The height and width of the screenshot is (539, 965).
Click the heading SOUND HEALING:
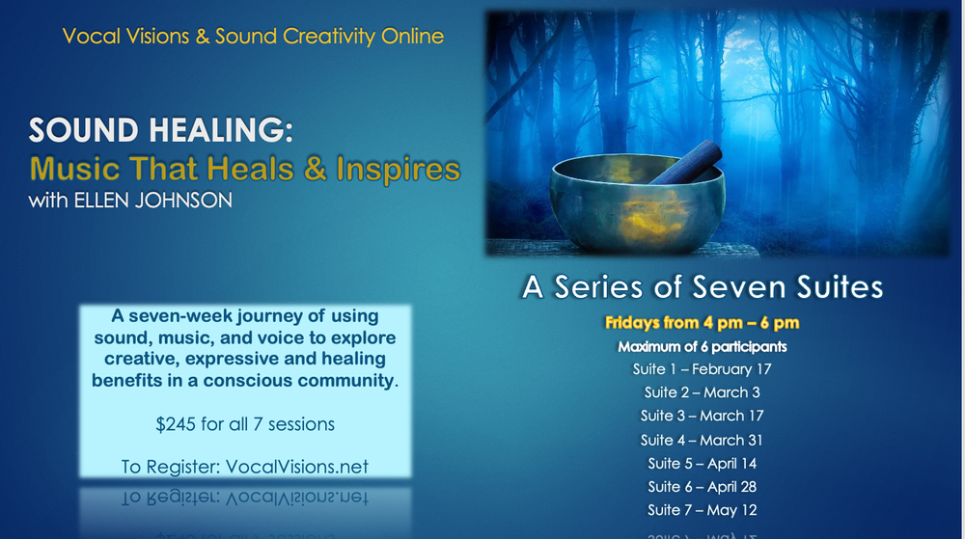160,130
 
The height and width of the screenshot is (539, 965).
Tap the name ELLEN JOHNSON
153,201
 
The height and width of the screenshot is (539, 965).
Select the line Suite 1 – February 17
702,369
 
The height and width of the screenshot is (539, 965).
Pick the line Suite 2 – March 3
702,392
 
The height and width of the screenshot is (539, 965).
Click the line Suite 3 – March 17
702,417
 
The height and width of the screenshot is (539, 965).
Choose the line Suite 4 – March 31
702,440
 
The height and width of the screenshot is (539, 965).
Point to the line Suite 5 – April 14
702,464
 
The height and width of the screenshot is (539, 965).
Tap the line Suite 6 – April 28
702,487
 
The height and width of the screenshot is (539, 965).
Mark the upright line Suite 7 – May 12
702,510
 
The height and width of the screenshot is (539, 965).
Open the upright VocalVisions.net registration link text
296,467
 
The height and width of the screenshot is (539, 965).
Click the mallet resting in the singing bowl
685,162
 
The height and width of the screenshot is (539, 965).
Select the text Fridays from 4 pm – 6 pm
702,323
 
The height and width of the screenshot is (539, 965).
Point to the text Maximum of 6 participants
702,346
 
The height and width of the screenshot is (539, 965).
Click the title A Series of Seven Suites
703,287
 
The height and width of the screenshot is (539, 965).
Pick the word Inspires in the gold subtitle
398,170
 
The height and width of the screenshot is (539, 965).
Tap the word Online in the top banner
412,37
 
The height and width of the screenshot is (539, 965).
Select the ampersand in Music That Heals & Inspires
315,169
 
